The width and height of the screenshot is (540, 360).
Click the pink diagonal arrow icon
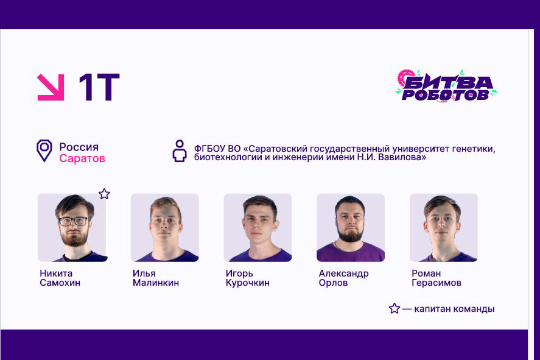click(x=51, y=87)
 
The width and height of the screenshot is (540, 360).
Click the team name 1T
click(x=99, y=88)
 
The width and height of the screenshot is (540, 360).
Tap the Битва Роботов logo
click(x=446, y=86)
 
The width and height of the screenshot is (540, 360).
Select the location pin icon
click(x=44, y=150)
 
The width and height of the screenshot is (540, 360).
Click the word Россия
click(x=79, y=147)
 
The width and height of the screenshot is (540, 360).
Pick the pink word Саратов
click(x=82, y=158)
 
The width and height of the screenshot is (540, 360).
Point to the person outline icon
click(x=179, y=151)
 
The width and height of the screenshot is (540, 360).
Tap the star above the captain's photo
click(x=104, y=194)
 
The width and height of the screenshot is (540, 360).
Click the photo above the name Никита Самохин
click(x=72, y=228)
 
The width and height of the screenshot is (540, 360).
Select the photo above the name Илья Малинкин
click(x=164, y=228)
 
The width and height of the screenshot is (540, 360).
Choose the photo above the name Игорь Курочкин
click(x=258, y=228)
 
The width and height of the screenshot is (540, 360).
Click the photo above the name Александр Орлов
click(x=350, y=228)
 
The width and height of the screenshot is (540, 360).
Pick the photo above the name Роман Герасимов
click(x=443, y=228)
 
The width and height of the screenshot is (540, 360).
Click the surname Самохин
click(x=60, y=283)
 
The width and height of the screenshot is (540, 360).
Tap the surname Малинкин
click(x=156, y=283)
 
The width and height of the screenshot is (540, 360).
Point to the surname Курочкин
click(x=247, y=283)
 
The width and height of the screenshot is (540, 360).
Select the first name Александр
click(x=343, y=273)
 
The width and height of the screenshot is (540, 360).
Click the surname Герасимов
click(x=436, y=283)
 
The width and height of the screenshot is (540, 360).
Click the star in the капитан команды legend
click(x=394, y=308)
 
